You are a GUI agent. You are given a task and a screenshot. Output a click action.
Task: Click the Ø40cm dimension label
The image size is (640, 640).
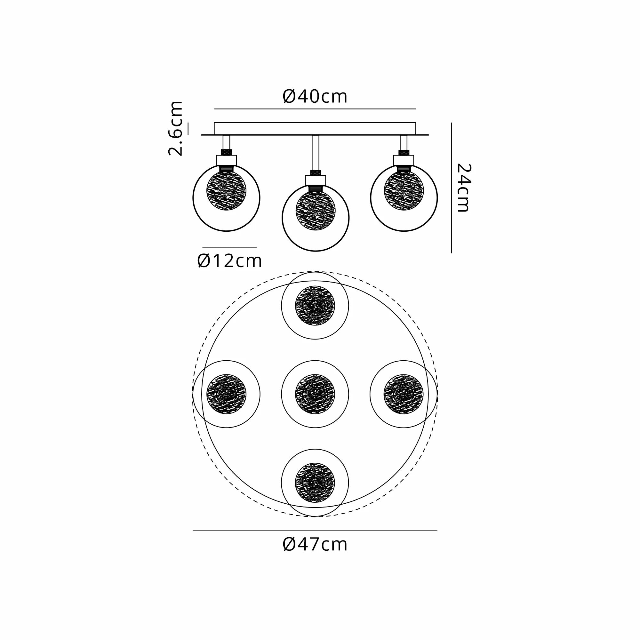[315, 96]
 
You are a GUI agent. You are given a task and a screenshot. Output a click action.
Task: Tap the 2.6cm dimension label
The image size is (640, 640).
[175, 128]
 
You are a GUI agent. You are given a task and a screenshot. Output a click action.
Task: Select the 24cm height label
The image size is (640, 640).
[464, 188]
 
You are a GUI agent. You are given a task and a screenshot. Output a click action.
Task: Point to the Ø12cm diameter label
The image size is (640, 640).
[229, 261]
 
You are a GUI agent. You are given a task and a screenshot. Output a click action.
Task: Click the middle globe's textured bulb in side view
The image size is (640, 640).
[316, 211]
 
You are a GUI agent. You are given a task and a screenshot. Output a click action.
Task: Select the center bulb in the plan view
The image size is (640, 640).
[315, 394]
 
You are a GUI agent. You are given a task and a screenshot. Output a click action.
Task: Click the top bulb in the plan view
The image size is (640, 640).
[315, 305]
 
